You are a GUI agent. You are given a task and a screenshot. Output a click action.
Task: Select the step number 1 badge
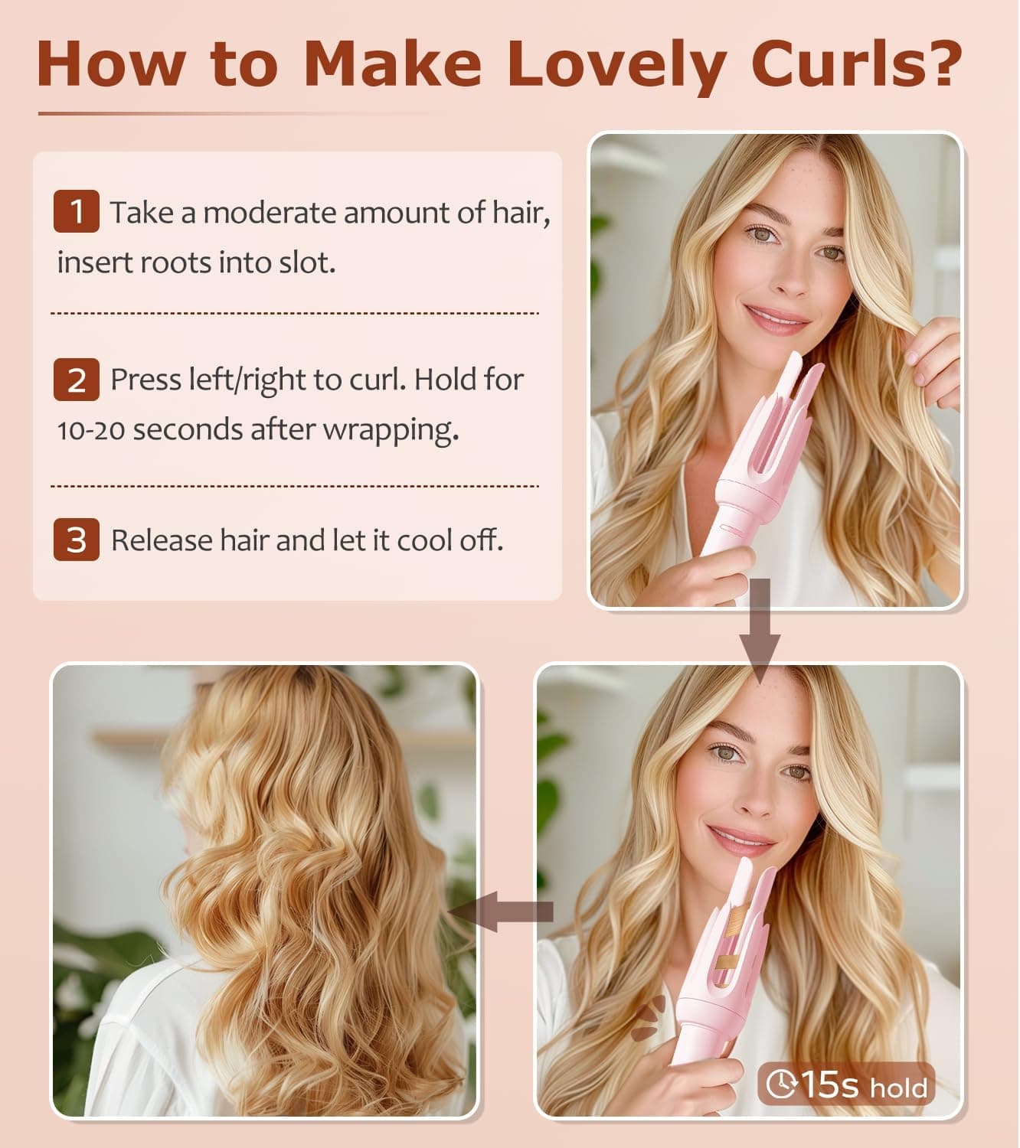[x=76, y=211]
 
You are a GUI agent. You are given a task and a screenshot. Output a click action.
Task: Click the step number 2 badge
[x=76, y=380]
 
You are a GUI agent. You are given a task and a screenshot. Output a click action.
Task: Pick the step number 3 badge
[x=76, y=540]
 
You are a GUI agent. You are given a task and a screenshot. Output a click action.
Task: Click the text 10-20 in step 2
[x=90, y=430]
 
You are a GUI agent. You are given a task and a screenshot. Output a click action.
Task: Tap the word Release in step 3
[x=162, y=540]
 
